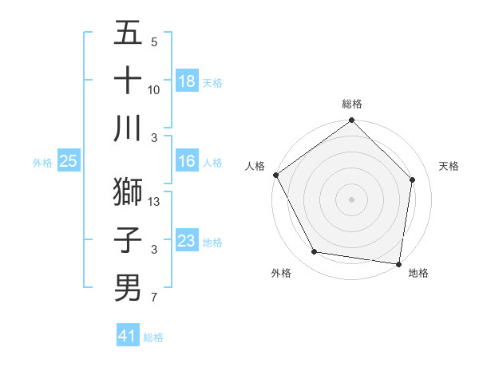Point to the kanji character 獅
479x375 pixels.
pos(128,191)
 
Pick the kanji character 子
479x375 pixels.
pos(128,239)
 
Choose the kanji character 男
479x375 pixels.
pos(128,287)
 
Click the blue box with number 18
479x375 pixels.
pos(187,81)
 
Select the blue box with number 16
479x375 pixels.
pos(187,161)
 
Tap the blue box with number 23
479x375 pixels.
pos(187,241)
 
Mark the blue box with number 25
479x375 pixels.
pos(69,161)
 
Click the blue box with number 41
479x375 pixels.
pos(128,336)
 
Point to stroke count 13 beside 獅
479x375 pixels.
pos(155,202)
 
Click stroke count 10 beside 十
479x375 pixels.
pos(154,89)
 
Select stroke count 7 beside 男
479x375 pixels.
pos(153,298)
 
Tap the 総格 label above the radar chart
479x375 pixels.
pos(352,104)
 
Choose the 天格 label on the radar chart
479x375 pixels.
pos(449,166)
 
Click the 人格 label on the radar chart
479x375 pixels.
pos(255,166)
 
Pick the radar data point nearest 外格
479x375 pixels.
pos(315,252)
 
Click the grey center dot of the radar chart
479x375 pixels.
pos(352,199)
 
